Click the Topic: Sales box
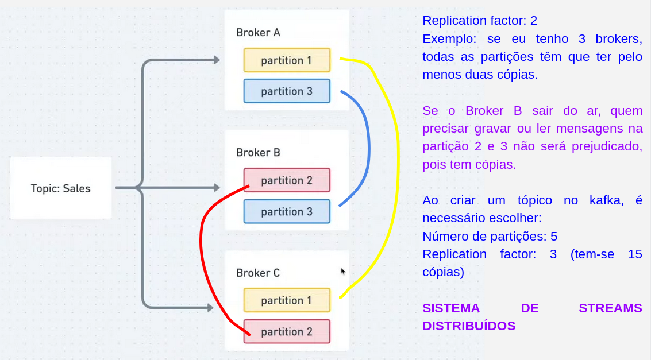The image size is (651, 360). (60, 188)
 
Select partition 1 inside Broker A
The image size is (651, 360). (287, 60)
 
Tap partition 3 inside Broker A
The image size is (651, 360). (287, 91)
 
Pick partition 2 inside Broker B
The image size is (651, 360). (287, 180)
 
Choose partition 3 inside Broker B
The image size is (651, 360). (287, 211)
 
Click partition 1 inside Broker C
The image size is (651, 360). (287, 300)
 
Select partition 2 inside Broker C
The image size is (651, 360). (287, 331)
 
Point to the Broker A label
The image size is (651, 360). (258, 33)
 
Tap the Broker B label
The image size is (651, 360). (258, 153)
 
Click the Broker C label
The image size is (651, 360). (258, 273)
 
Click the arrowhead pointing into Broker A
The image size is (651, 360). (217, 60)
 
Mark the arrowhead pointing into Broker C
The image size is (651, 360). (210, 308)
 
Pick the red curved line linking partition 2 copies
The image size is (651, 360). (202, 253)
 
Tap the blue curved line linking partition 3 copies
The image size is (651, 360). (368, 149)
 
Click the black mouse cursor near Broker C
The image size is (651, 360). (343, 271)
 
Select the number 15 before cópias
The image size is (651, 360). (635, 254)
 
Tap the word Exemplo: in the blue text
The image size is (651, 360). (450, 39)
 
